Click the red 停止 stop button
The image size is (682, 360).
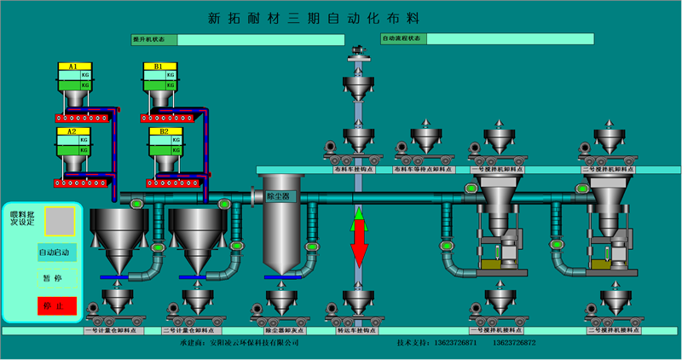56,305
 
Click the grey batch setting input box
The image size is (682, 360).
60,220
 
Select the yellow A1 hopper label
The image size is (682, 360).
73,66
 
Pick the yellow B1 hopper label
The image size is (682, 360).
159,66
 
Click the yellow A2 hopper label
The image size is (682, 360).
73,132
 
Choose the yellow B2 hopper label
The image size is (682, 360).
159,132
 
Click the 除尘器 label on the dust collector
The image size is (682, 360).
279,197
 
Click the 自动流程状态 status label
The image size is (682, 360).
402,38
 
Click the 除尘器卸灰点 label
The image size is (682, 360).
281,328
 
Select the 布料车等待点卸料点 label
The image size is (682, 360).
430,169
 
